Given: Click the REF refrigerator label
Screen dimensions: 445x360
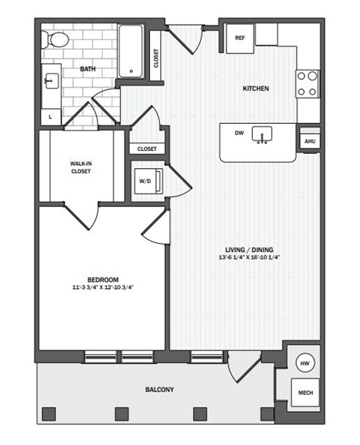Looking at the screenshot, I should tap(240, 38).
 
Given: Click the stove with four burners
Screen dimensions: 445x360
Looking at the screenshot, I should tap(307, 83).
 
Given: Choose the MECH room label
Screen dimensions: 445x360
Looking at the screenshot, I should tap(304, 392).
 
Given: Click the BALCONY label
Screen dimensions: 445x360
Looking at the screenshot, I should tap(160, 389).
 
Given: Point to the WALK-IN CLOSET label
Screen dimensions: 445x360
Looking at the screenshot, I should tap(80, 167).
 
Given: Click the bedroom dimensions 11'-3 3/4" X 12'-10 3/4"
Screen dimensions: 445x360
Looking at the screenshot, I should tap(101, 286).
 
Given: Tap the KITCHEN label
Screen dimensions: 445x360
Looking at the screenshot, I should tap(256, 89).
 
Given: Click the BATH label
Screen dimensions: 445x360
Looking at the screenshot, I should tap(88, 69).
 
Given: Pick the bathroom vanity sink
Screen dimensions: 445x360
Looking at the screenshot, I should tap(51, 80).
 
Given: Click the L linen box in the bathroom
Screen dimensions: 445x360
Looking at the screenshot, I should tap(51, 116).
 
